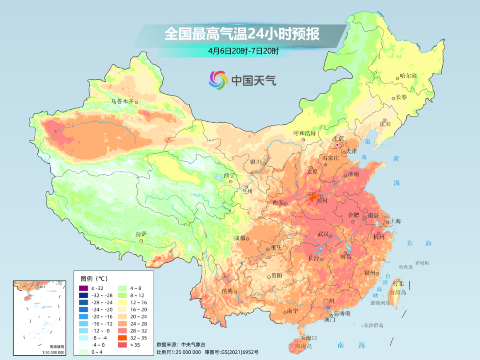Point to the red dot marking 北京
338,145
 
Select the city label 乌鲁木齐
122,101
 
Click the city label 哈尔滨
408,76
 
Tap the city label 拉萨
141,233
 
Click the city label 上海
395,221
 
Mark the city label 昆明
227,291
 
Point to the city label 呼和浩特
304,133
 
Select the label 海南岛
301,347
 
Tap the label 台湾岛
398,292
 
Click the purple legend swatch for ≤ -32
83,288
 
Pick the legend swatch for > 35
121,344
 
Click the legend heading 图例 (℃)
94,279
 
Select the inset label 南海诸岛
40,347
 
